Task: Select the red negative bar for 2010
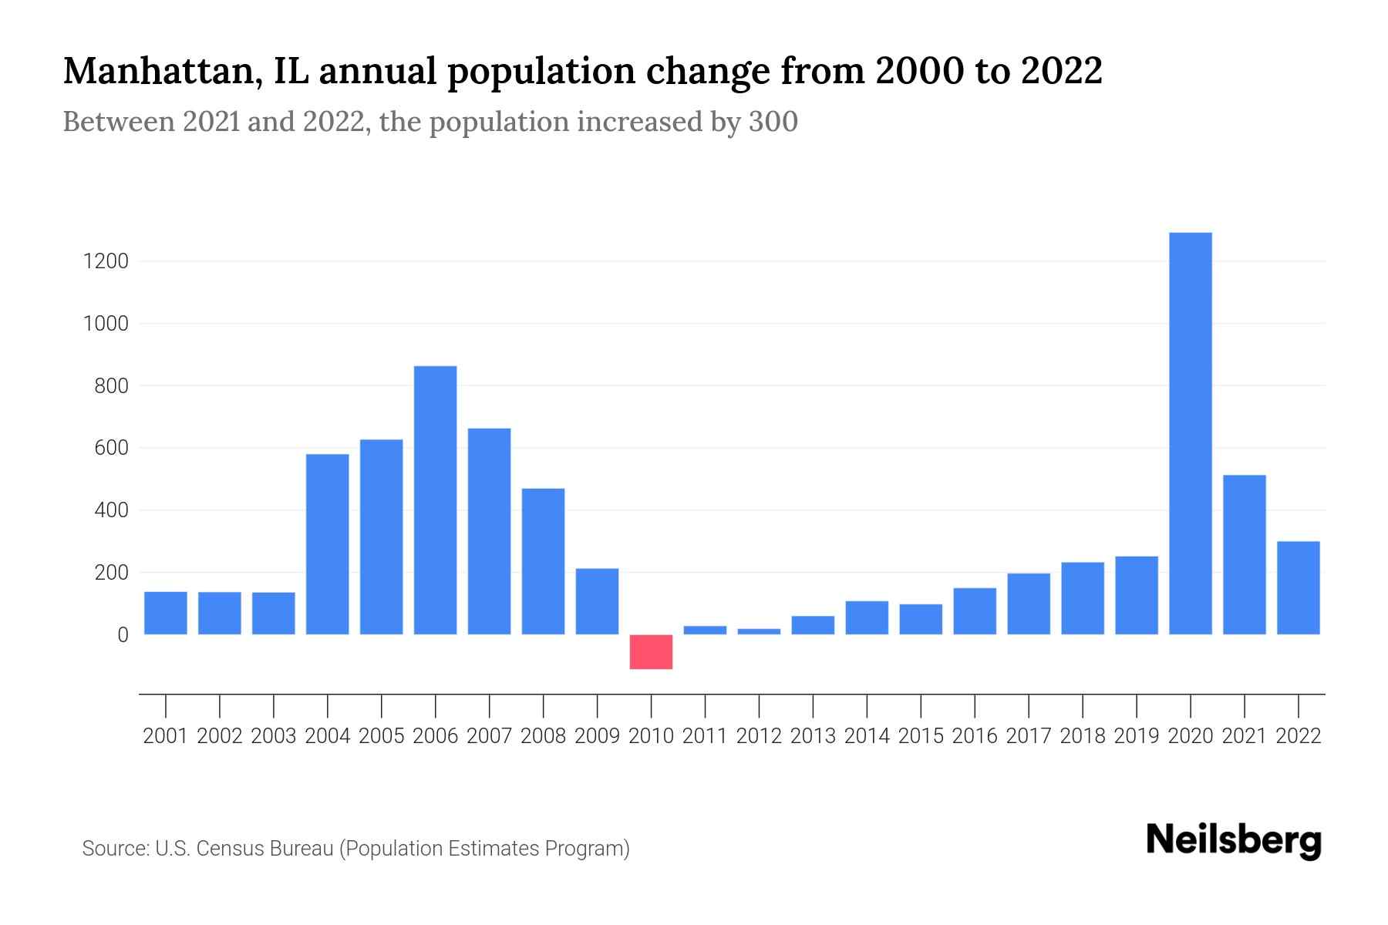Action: point(651,651)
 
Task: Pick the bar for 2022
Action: point(1298,587)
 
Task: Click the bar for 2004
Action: point(327,543)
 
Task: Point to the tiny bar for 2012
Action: point(759,631)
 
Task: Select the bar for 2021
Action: point(1244,554)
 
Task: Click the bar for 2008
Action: point(543,560)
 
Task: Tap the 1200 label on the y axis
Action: point(106,261)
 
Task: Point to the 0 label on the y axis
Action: point(122,635)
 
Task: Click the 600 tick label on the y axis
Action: point(111,449)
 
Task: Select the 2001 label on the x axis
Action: point(165,736)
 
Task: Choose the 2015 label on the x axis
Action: point(921,736)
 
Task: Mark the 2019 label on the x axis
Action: point(1136,736)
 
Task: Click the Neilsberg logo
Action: point(1233,841)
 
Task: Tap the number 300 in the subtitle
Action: point(773,122)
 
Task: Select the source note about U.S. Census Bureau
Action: point(355,849)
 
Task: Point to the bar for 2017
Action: point(1028,604)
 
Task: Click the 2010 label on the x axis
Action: point(651,736)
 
